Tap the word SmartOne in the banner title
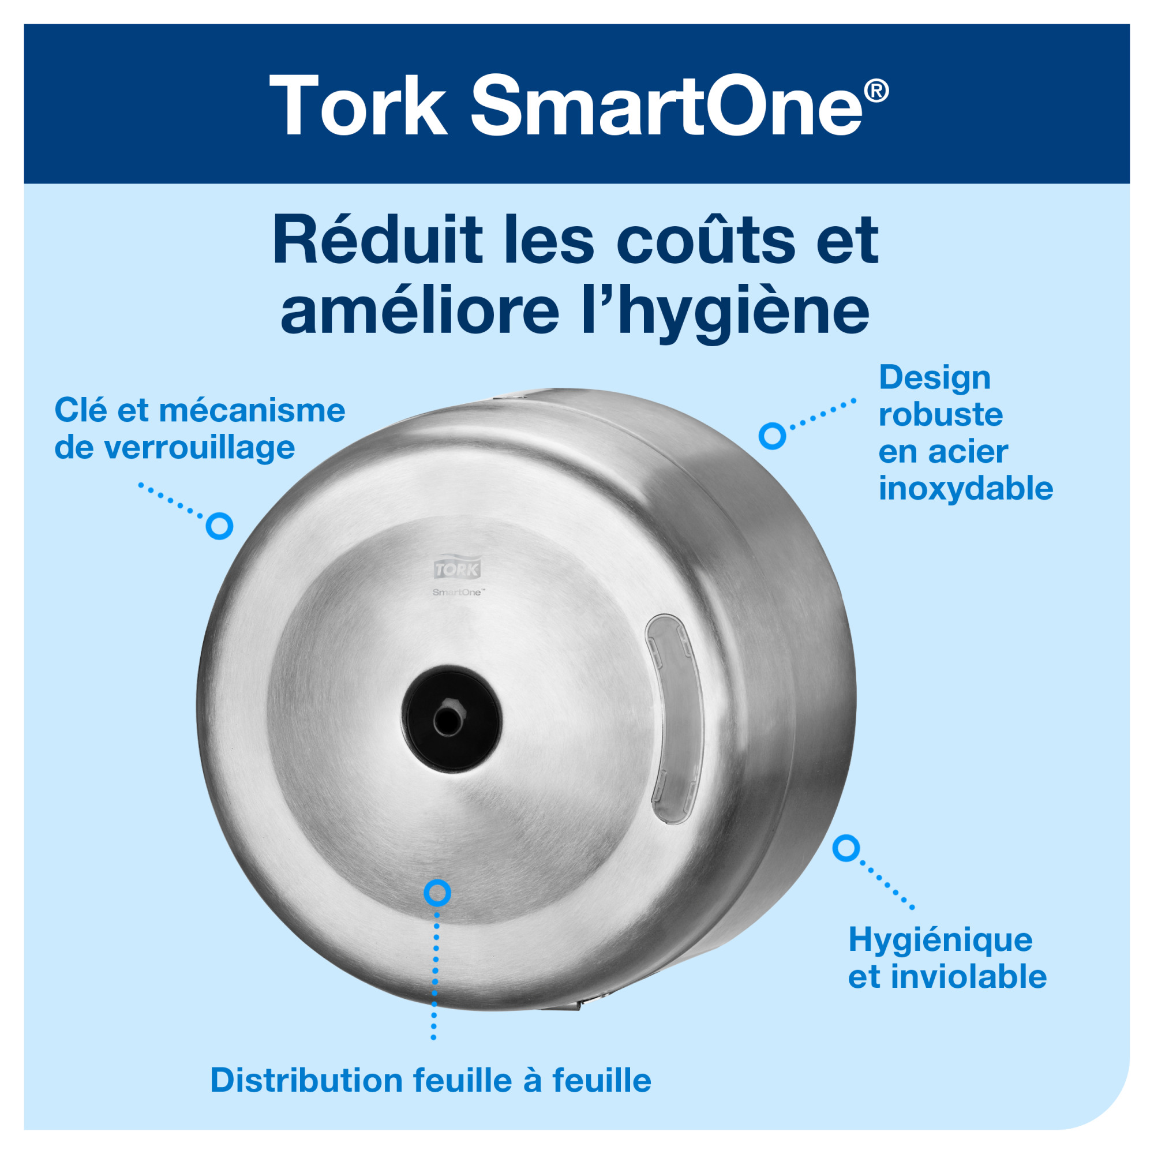[x=666, y=106]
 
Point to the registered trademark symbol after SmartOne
[x=876, y=91]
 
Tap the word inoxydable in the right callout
[x=965, y=489]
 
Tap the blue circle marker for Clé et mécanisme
[x=219, y=526]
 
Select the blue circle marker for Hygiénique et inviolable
[x=846, y=848]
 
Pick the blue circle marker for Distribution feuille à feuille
[x=437, y=893]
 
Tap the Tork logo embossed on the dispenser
[x=457, y=569]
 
